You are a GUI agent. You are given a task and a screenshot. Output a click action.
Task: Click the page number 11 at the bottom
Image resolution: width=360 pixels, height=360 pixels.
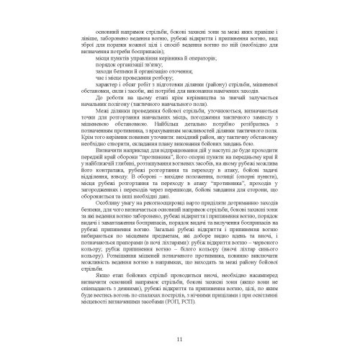[x=179, y=340]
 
